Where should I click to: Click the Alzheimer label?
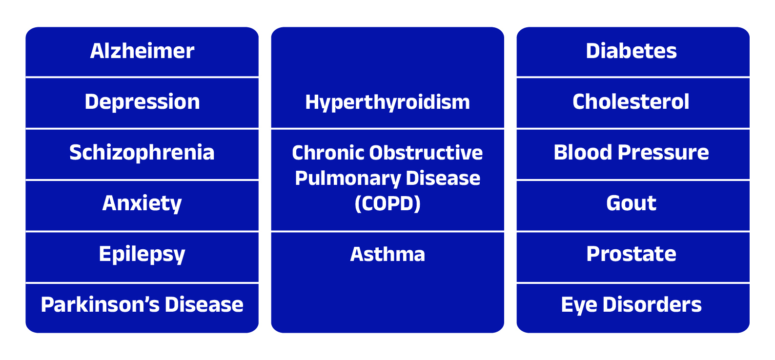[x=142, y=51]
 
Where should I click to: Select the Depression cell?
[x=142, y=102]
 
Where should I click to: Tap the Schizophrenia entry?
[x=142, y=153]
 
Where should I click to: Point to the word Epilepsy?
[x=142, y=255]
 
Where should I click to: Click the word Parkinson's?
[x=100, y=305]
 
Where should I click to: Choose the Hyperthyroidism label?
[x=387, y=103]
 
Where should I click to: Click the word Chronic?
[x=328, y=153]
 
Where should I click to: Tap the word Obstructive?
[x=426, y=153]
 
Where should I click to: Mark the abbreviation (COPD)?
[x=387, y=203]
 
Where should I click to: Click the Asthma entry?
[x=387, y=255]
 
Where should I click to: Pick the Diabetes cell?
[x=632, y=51]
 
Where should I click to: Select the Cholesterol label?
[x=631, y=102]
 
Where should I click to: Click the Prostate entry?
[x=632, y=254]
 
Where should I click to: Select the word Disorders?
[x=652, y=305]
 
